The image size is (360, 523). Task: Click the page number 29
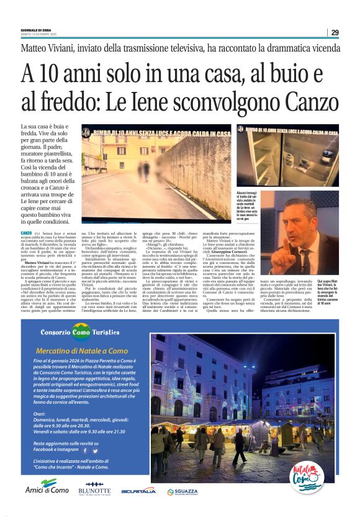(335, 32)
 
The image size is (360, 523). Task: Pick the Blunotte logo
(94, 489)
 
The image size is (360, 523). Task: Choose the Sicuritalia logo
(138, 490)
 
